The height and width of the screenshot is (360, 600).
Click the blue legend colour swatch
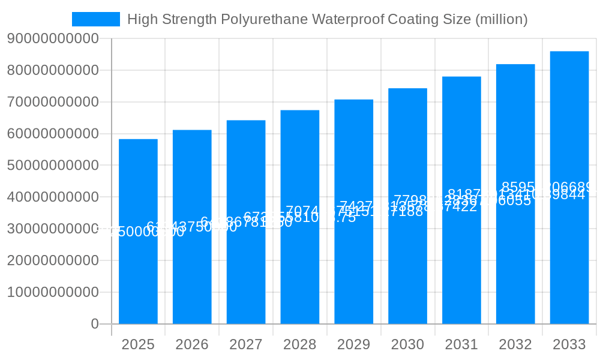point(96,19)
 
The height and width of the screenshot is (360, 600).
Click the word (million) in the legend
point(501,19)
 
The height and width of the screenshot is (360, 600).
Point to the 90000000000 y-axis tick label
point(53,39)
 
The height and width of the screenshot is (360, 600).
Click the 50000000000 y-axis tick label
point(53,166)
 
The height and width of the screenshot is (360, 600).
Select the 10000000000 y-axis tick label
point(53,292)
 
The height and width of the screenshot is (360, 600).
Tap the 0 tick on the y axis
point(95,324)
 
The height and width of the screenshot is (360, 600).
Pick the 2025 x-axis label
point(138,344)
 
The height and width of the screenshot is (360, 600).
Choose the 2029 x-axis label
point(354,344)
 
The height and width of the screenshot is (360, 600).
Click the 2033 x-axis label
point(569,344)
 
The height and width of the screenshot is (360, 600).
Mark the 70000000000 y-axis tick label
point(53,102)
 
